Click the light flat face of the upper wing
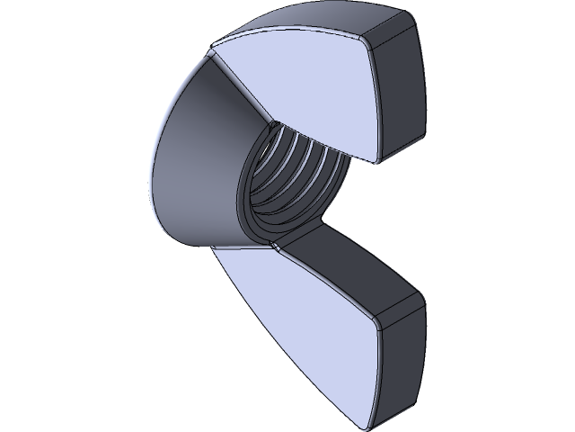305,90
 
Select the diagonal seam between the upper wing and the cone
238,85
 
